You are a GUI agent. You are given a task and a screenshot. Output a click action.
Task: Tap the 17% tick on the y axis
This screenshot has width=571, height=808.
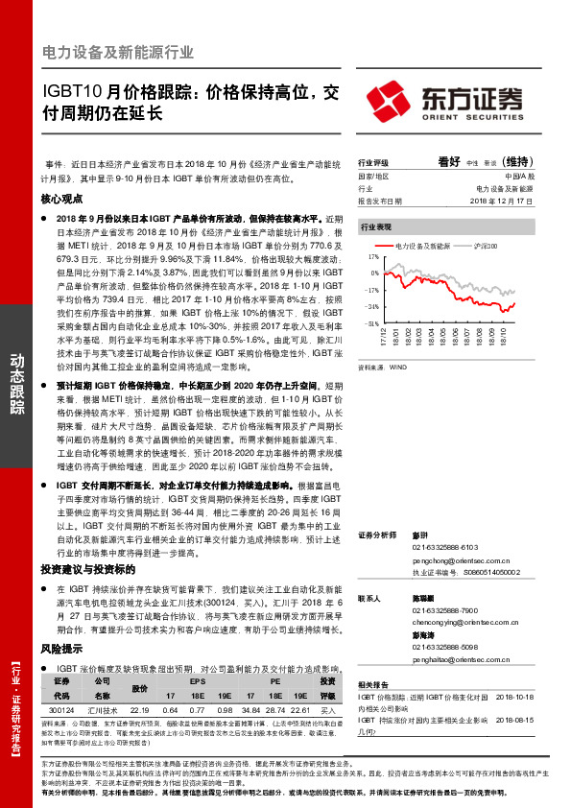[372, 258]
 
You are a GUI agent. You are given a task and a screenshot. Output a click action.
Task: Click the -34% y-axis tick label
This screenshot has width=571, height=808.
[370, 307]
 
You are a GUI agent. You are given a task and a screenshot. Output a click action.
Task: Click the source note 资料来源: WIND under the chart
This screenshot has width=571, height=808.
[378, 367]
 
